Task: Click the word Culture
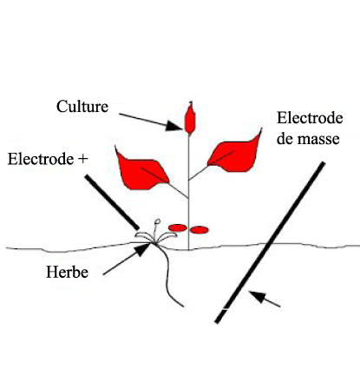tap(82, 107)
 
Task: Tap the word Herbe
tap(67, 272)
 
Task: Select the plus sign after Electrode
tap(82, 160)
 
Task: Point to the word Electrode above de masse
tap(310, 118)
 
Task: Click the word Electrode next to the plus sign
tap(41, 159)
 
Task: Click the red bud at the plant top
tap(190, 119)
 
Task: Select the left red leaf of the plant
tap(141, 172)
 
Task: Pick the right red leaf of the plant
tap(236, 154)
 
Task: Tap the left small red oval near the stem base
tap(178, 227)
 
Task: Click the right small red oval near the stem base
tap(200, 230)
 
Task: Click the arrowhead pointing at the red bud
tap(175, 127)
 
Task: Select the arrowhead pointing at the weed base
tap(143, 249)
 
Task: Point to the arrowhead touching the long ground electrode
tap(258, 297)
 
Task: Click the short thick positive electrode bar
tap(112, 202)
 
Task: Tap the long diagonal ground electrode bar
tap(270, 242)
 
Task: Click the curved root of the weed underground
tap(169, 275)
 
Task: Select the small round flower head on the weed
tap(158, 221)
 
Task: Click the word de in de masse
tap(285, 138)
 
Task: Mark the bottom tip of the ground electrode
tap(217, 322)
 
